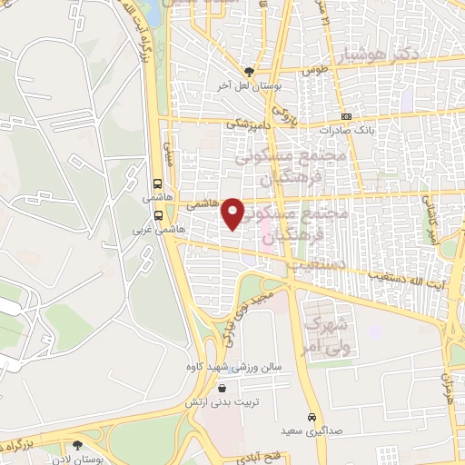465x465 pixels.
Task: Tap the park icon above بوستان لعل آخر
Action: (x=250, y=70)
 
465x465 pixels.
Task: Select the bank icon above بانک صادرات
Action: (x=346, y=116)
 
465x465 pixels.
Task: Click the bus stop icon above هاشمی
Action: (x=159, y=182)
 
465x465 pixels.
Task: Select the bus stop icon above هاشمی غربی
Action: (x=159, y=216)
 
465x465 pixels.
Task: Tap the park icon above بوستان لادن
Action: (x=77, y=446)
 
